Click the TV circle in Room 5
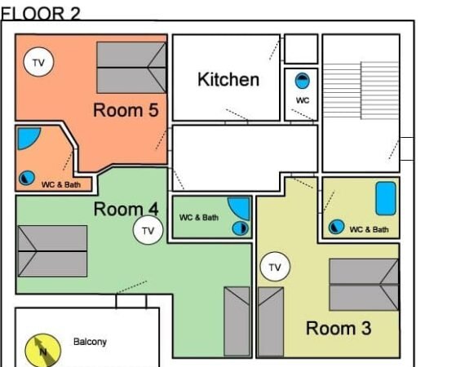coord(38,62)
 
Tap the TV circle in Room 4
coord(148,230)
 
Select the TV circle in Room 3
coord(275,267)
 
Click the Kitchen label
coord(228,79)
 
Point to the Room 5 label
coord(126,110)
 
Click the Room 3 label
coord(339,328)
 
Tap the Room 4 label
coord(126,209)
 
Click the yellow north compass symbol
coord(43,351)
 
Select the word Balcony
coord(90,342)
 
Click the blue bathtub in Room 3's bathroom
coord(386,198)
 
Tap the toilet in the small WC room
coord(302,81)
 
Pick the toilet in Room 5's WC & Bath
coord(27,178)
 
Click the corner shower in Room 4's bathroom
coord(240,207)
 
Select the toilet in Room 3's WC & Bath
coord(336,227)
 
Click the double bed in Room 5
coord(131,68)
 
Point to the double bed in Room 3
coord(364,285)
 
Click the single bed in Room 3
coord(271,321)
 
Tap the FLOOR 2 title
coord(41,14)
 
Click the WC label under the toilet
coord(303,100)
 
